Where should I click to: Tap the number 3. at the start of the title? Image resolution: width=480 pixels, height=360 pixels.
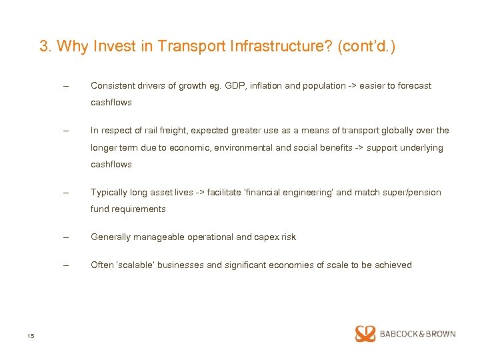click(x=46, y=46)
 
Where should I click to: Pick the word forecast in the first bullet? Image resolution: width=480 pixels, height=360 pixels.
click(x=413, y=85)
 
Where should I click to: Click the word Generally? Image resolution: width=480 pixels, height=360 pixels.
click(x=111, y=237)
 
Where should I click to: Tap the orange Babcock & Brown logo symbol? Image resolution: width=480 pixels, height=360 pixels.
click(x=365, y=333)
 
